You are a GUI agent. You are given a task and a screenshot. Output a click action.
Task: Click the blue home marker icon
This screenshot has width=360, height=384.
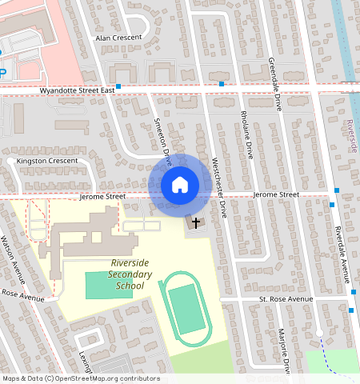click(180, 185)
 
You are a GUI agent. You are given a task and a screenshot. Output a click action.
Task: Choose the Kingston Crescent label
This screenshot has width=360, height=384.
click(42, 161)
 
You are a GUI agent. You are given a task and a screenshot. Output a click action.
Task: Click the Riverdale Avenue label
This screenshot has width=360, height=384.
click(342, 254)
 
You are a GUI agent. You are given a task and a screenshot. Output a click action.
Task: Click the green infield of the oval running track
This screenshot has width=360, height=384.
click(186, 308)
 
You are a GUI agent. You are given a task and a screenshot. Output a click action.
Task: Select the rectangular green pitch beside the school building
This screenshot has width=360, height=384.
click(109, 284)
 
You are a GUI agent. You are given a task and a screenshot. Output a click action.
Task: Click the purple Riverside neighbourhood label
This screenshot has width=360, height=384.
click(354, 136)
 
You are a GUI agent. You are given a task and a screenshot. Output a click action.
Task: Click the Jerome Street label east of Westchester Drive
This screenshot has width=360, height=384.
click(275, 194)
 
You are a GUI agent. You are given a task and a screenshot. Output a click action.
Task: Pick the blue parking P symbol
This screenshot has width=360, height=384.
click(2, 73)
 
